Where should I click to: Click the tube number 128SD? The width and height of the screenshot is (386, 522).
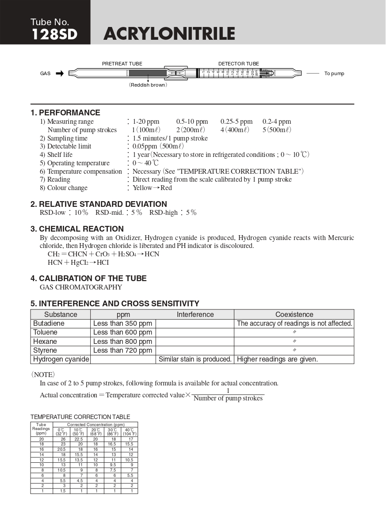pyautogui.click(x=54, y=34)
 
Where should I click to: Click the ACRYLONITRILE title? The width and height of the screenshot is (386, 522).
pyautogui.click(x=169, y=34)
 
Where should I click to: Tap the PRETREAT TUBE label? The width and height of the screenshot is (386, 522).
pyautogui.click(x=122, y=64)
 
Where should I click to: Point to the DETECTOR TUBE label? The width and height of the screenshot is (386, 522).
pyautogui.click(x=238, y=64)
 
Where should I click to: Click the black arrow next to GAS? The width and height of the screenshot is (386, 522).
pyautogui.click(x=60, y=73)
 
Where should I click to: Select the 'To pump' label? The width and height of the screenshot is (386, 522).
pyautogui.click(x=334, y=73)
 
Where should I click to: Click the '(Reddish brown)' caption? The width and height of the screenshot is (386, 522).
pyautogui.click(x=148, y=85)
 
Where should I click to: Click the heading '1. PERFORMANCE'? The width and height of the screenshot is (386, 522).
pyautogui.click(x=65, y=113)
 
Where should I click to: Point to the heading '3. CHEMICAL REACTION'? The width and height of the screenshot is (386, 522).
pyautogui.click(x=77, y=229)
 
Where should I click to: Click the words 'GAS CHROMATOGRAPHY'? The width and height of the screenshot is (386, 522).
pyautogui.click(x=81, y=287)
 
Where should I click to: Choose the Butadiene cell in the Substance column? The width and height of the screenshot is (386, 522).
pyautogui.click(x=49, y=324)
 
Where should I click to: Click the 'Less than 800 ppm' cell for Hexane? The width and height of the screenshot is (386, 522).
pyautogui.click(x=122, y=342)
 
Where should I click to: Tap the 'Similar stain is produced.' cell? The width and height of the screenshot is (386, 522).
pyautogui.click(x=195, y=359)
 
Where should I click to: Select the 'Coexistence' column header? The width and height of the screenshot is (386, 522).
pyautogui.click(x=294, y=315)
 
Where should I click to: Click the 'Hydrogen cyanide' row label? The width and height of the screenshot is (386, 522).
pyautogui.click(x=61, y=359)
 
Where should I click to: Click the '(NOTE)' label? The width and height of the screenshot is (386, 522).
pyautogui.click(x=43, y=375)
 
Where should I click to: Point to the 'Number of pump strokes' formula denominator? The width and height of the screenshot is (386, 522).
pyautogui.click(x=228, y=399)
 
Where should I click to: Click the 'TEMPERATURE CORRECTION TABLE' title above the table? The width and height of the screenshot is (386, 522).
pyautogui.click(x=80, y=417)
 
